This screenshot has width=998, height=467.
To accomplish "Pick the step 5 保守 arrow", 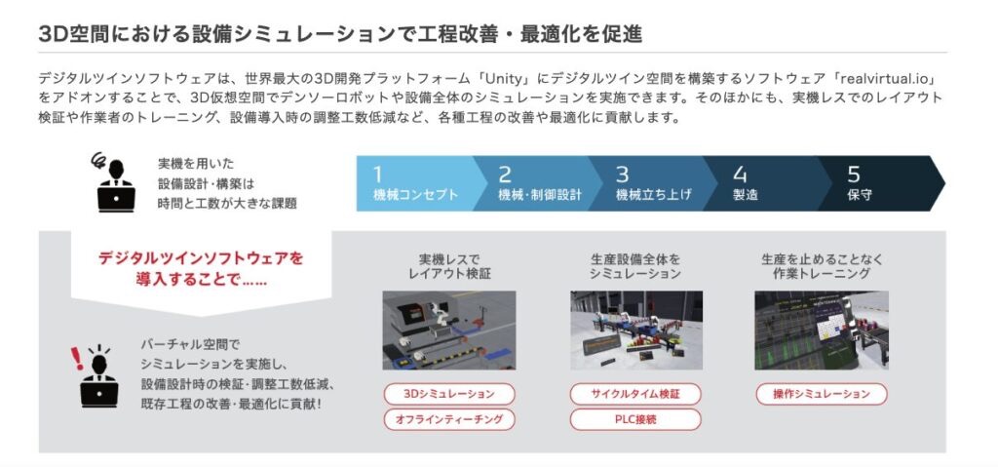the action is tap(881, 183).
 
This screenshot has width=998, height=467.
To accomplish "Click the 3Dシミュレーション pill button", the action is tap(449, 395).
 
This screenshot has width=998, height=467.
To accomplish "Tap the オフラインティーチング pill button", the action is tap(449, 419).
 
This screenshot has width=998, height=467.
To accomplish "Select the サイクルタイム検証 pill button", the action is tap(635, 395).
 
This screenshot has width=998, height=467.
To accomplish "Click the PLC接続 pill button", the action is tap(635, 419).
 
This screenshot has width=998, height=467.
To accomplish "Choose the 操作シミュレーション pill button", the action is tap(822, 395).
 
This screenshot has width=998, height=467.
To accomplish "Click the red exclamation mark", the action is tap(77, 358).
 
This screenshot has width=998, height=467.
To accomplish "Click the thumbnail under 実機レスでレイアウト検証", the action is tap(449, 331).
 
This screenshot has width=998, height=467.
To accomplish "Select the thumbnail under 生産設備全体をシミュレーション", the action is tap(636, 331).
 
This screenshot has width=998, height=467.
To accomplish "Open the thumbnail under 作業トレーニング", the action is tap(822, 331).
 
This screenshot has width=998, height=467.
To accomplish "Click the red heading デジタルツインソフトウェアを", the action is tap(201, 258).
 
